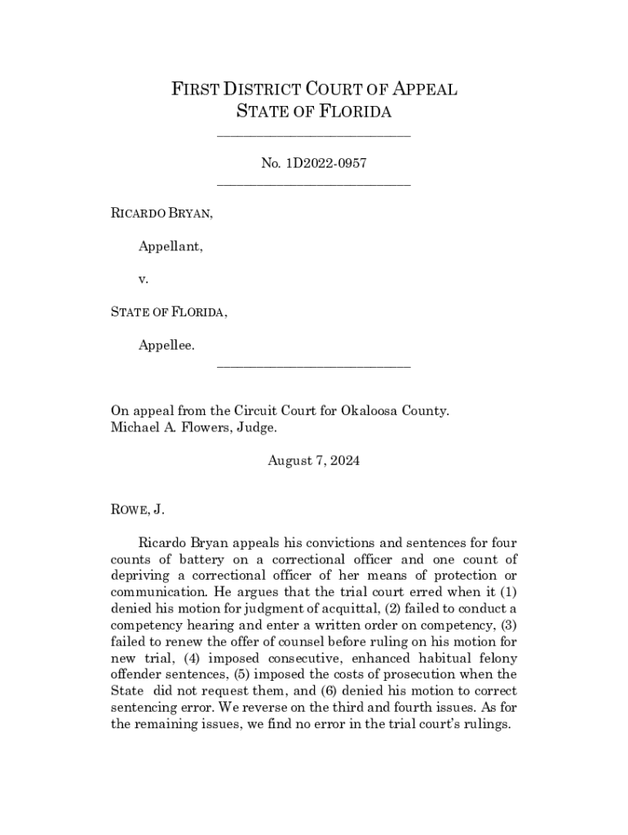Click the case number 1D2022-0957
[324, 163]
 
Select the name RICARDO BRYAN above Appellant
[161, 214]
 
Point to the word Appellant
[170, 246]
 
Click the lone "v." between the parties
[144, 279]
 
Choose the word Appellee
[166, 345]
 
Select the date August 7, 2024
[314, 461]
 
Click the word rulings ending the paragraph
[486, 723]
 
